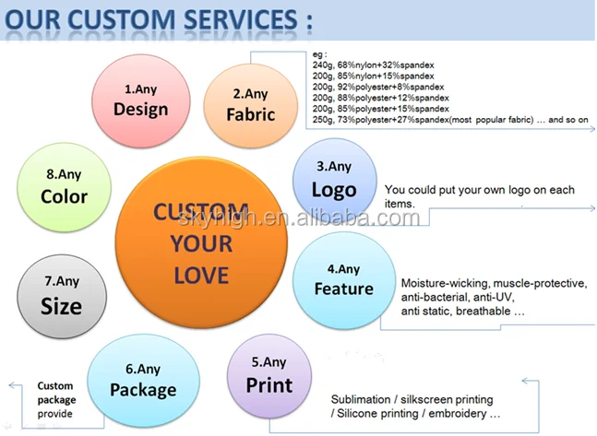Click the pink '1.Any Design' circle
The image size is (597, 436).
click(x=140, y=100)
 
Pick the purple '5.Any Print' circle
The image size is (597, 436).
click(x=269, y=375)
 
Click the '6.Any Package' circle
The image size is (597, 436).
click(x=143, y=380)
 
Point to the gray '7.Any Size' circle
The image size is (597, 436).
click(x=61, y=295)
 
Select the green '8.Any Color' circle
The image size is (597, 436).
click(x=64, y=186)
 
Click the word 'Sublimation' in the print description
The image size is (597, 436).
click(x=361, y=400)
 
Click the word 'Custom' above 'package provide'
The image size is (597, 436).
click(x=55, y=386)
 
